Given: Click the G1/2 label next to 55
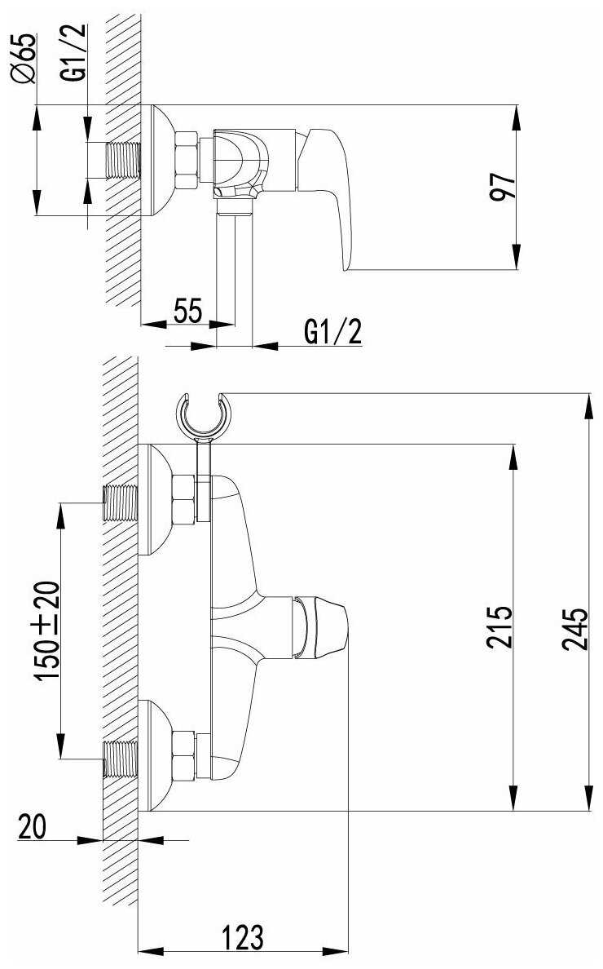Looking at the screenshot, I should [332, 331].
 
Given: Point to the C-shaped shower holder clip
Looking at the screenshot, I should [205, 416].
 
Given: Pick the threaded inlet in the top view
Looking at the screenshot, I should [122, 161].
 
